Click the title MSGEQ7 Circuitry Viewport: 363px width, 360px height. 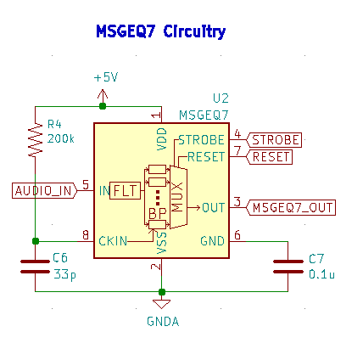click(x=160, y=32)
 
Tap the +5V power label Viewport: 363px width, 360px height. click(x=105, y=76)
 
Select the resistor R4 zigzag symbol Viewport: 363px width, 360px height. click(x=35, y=140)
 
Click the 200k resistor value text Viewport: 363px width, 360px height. click(x=61, y=138)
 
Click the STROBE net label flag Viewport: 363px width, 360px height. click(x=275, y=139)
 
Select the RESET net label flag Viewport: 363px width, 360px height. click(x=271, y=156)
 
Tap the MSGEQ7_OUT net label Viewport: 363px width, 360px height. click(x=293, y=207)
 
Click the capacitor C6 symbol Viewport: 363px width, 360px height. click(x=35, y=266)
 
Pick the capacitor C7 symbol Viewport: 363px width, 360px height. click(x=288, y=266)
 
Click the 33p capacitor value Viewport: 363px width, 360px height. click(x=64, y=275)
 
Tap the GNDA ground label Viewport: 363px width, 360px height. click(x=162, y=322)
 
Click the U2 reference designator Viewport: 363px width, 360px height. click(x=221, y=98)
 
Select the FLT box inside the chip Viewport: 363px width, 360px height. click(x=125, y=190)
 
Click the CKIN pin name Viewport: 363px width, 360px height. click(x=113, y=241)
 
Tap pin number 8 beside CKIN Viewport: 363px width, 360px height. click(x=85, y=234)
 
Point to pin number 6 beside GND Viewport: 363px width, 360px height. click(x=237, y=234)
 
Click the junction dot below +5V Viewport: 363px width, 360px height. click(x=103, y=106)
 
